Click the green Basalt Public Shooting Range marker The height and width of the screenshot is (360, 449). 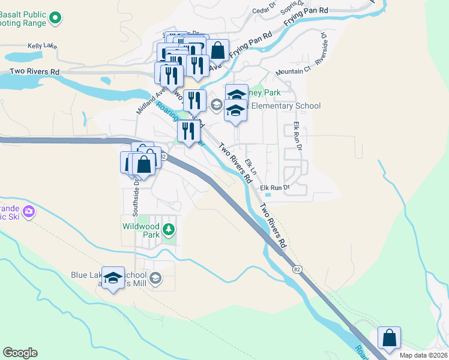55,19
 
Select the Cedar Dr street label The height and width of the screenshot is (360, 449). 264,8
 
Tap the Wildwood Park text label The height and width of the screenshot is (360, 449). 142,230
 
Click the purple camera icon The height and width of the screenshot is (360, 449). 28,211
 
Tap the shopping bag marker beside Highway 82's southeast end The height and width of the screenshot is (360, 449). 389,338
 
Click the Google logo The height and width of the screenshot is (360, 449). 20,353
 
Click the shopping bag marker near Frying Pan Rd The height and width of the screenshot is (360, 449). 218,51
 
